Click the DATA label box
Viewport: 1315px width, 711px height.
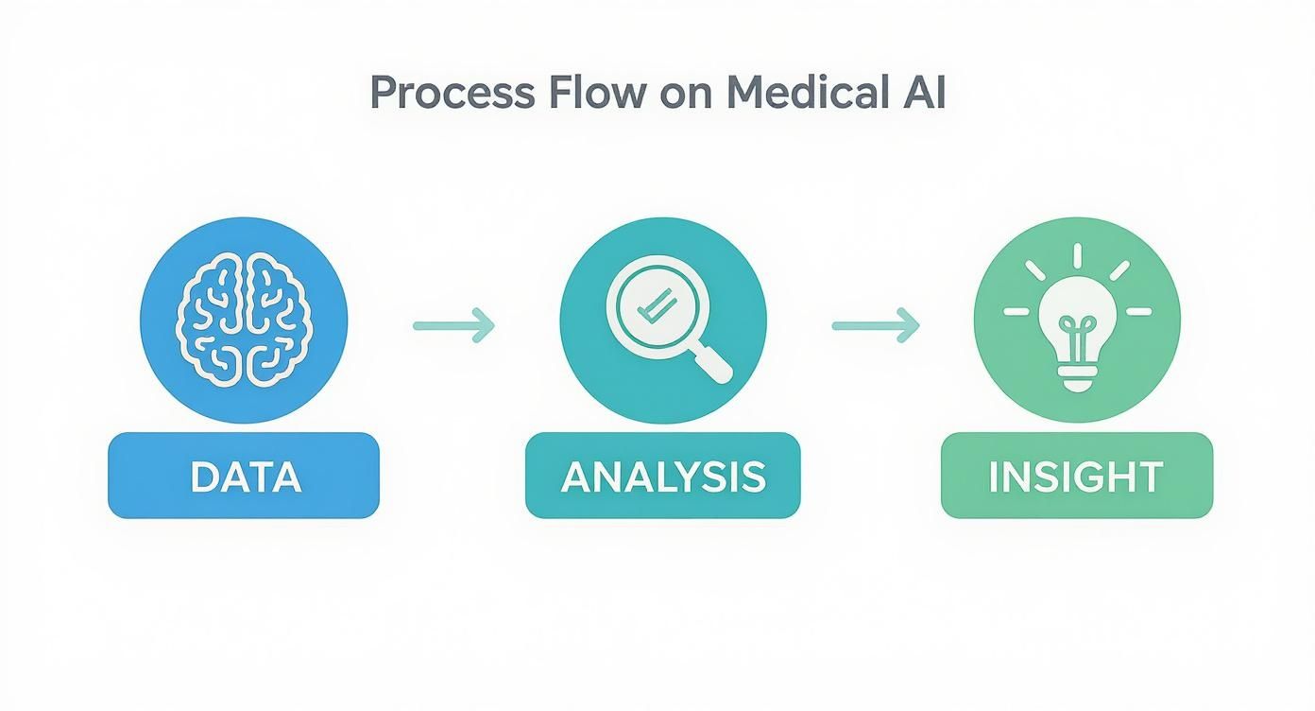(244, 476)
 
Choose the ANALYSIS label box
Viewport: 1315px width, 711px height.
(662, 476)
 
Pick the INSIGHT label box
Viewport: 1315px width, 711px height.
(1076, 476)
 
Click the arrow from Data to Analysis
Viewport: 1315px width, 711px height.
(454, 325)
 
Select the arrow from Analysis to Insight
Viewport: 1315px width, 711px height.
(875, 325)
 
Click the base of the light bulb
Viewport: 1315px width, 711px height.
(1076, 378)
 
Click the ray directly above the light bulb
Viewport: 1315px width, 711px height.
(1076, 255)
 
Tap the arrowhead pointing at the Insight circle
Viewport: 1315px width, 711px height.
(909, 325)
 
